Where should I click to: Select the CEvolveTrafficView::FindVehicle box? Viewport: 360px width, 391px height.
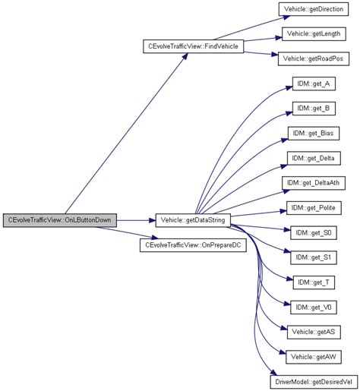point(190,46)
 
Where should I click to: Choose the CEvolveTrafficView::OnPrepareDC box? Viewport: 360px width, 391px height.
point(193,246)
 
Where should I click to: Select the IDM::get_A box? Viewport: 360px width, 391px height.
point(314,84)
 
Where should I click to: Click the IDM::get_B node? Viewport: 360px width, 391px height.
point(314,109)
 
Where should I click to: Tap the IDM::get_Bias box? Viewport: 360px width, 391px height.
point(314,134)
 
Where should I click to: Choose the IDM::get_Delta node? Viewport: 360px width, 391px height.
point(314,158)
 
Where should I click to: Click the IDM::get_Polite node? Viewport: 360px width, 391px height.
point(314,208)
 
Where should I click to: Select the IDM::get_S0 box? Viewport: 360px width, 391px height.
point(314,232)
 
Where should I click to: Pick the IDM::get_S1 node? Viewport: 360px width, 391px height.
point(314,257)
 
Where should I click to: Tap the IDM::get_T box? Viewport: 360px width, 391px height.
point(314,282)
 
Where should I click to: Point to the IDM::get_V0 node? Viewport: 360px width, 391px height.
point(314,307)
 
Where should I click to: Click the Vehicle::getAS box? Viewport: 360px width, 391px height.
point(314,332)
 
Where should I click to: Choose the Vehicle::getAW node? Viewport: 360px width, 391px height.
point(314,357)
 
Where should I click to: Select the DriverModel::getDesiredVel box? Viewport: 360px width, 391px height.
point(314,381)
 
